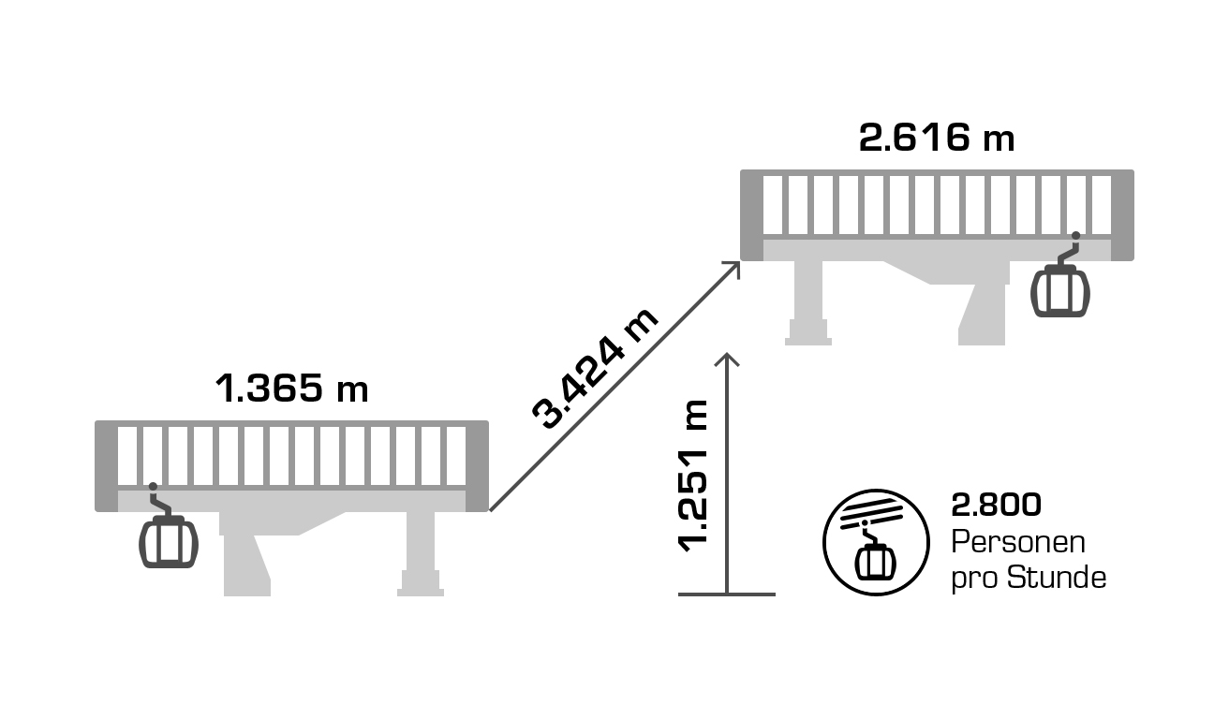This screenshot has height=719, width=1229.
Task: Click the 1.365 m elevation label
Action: pyautogui.click(x=291, y=389)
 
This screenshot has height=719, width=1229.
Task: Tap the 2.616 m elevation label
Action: pyautogui.click(x=937, y=139)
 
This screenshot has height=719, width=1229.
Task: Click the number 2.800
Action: pyautogui.click(x=996, y=506)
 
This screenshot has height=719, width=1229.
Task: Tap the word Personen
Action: pyautogui.click(x=1018, y=542)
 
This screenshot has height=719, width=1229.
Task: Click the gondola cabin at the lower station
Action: pyautogui.click(x=169, y=540)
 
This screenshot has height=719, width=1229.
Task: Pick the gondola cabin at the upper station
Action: pyautogui.click(x=1060, y=289)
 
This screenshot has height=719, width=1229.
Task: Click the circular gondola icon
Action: pyautogui.click(x=871, y=542)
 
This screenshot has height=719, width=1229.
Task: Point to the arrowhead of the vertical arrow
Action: pyautogui.click(x=727, y=359)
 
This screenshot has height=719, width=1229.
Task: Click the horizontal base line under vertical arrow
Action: pyautogui.click(x=727, y=594)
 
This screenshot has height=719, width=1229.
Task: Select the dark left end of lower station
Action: pyautogui.click(x=105, y=465)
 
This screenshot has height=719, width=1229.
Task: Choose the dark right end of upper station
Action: pyautogui.click(x=1122, y=214)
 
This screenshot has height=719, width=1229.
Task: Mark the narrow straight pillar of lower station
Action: pyautogui.click(x=420, y=552)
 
